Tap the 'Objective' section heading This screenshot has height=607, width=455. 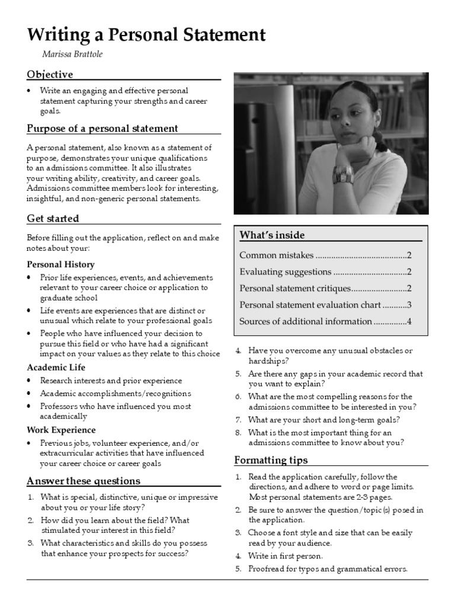pos(50,74)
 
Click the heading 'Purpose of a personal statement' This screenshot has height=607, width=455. pos(102,128)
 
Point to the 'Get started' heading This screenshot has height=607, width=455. pos(53,218)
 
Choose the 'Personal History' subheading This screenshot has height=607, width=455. pos(60,264)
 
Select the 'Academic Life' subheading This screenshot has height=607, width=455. pos(56,368)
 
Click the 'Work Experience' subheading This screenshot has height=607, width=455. pos(61,430)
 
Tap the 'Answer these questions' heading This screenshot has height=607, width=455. pos(84,480)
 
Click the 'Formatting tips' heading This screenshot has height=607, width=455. pos(271,460)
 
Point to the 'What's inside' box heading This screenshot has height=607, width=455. pos(272,235)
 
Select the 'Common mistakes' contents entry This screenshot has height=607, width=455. pos(276,255)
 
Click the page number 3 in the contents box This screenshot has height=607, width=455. pos(409,305)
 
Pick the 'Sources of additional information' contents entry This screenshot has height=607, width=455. pos(305,321)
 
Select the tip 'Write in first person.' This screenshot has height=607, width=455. pos(286,556)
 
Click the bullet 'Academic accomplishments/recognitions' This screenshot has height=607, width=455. pos(116,394)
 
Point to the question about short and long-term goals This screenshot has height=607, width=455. pos(324,420)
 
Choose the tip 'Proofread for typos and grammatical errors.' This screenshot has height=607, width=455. pos(328,569)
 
